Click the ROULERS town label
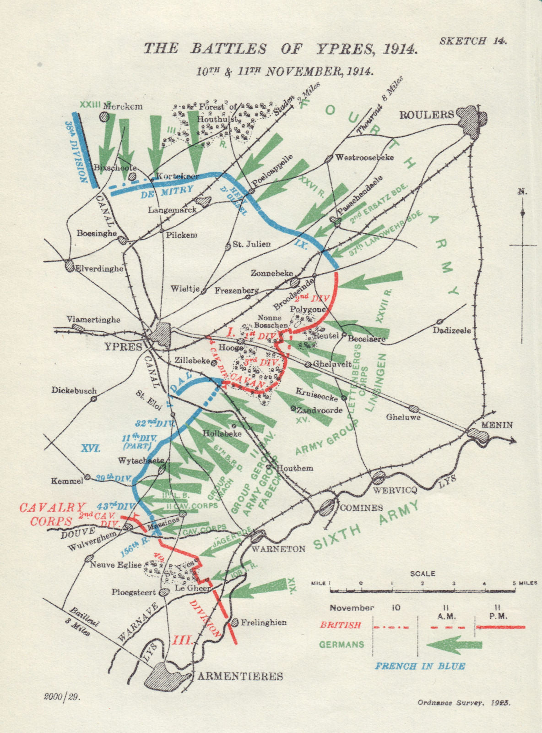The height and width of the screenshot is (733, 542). [426, 115]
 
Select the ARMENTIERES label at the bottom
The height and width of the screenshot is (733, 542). [240, 676]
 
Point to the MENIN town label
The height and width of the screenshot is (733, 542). [497, 425]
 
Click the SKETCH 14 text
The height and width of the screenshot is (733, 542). [473, 41]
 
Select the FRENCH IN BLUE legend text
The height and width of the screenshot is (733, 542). [420, 666]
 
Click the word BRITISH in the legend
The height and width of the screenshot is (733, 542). [340, 625]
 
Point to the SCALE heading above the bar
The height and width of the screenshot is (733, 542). [423, 573]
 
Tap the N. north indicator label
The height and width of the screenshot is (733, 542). [522, 191]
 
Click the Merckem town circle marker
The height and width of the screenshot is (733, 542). [105, 116]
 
